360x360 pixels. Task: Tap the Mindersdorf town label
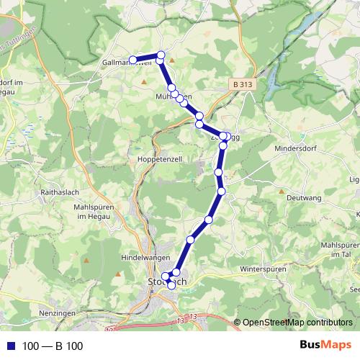(x=295, y=152)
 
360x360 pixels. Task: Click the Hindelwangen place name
(x=145, y=257)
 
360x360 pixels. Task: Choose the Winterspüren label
(x=264, y=269)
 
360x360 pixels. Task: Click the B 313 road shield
(x=243, y=84)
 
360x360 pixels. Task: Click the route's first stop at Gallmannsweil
(x=132, y=60)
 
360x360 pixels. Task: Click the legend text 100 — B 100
(x=53, y=346)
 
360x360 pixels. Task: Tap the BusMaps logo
(x=326, y=346)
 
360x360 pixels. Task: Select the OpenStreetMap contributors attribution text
(x=297, y=322)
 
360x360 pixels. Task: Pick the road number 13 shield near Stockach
(x=193, y=316)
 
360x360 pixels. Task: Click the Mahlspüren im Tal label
(x=339, y=249)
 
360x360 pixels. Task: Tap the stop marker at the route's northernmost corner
(x=161, y=55)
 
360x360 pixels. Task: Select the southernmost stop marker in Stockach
(x=171, y=285)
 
